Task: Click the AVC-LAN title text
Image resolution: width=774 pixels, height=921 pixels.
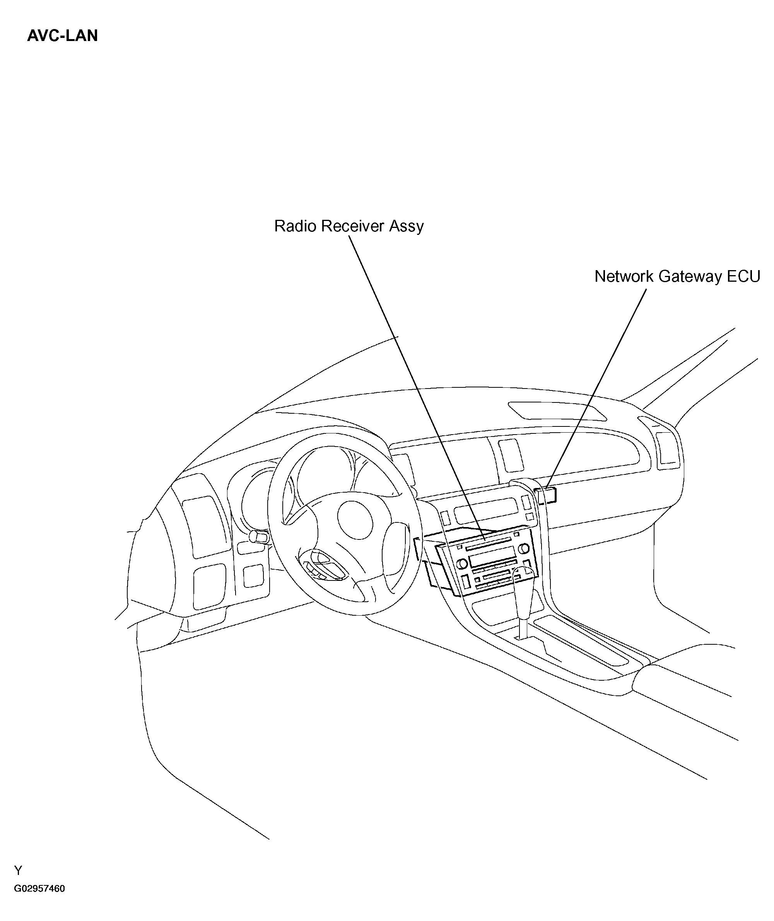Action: pyautogui.click(x=62, y=36)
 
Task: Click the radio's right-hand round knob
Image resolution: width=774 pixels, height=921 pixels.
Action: pyautogui.click(x=523, y=549)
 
